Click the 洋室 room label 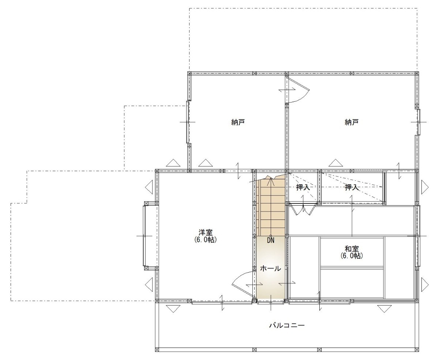(206, 233)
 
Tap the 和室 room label (352, 249)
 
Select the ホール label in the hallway (271, 269)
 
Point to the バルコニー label (287, 326)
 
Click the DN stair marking (271, 240)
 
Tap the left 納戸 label (238, 122)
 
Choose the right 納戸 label (352, 122)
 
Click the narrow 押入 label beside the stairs (303, 187)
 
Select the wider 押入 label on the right (352, 187)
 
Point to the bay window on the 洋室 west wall (150, 236)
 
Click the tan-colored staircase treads (271, 208)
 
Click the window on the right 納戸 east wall (418, 122)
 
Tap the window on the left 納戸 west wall (188, 122)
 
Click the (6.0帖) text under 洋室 (206, 240)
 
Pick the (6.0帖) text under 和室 (352, 256)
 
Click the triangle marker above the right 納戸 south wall (336, 163)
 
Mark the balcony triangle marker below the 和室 (384, 309)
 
